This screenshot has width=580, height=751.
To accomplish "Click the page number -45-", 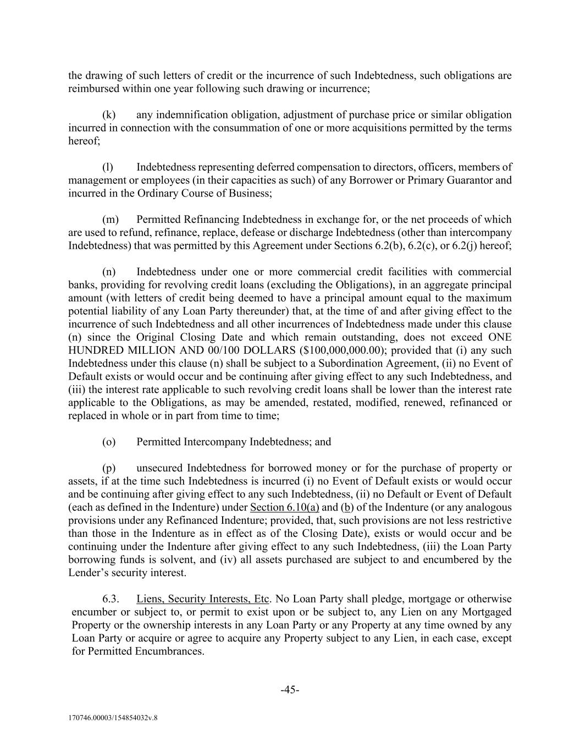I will (x=290, y=690).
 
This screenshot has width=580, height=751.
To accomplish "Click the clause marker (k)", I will (x=109, y=115).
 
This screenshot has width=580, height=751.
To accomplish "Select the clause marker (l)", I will (x=108, y=167).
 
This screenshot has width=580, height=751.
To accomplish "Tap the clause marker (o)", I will (x=109, y=442).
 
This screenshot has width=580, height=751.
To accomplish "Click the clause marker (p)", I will (x=109, y=468).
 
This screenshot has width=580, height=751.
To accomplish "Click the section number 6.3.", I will (x=110, y=599).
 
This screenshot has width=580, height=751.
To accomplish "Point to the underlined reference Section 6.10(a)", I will (x=284, y=507).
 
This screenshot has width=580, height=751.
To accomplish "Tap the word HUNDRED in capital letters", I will (x=92, y=350).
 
